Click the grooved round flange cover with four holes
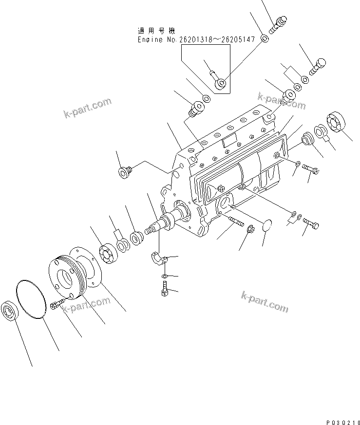(x=71, y=275)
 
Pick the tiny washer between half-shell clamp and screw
(x=165, y=277)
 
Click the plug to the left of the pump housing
(x=124, y=172)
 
